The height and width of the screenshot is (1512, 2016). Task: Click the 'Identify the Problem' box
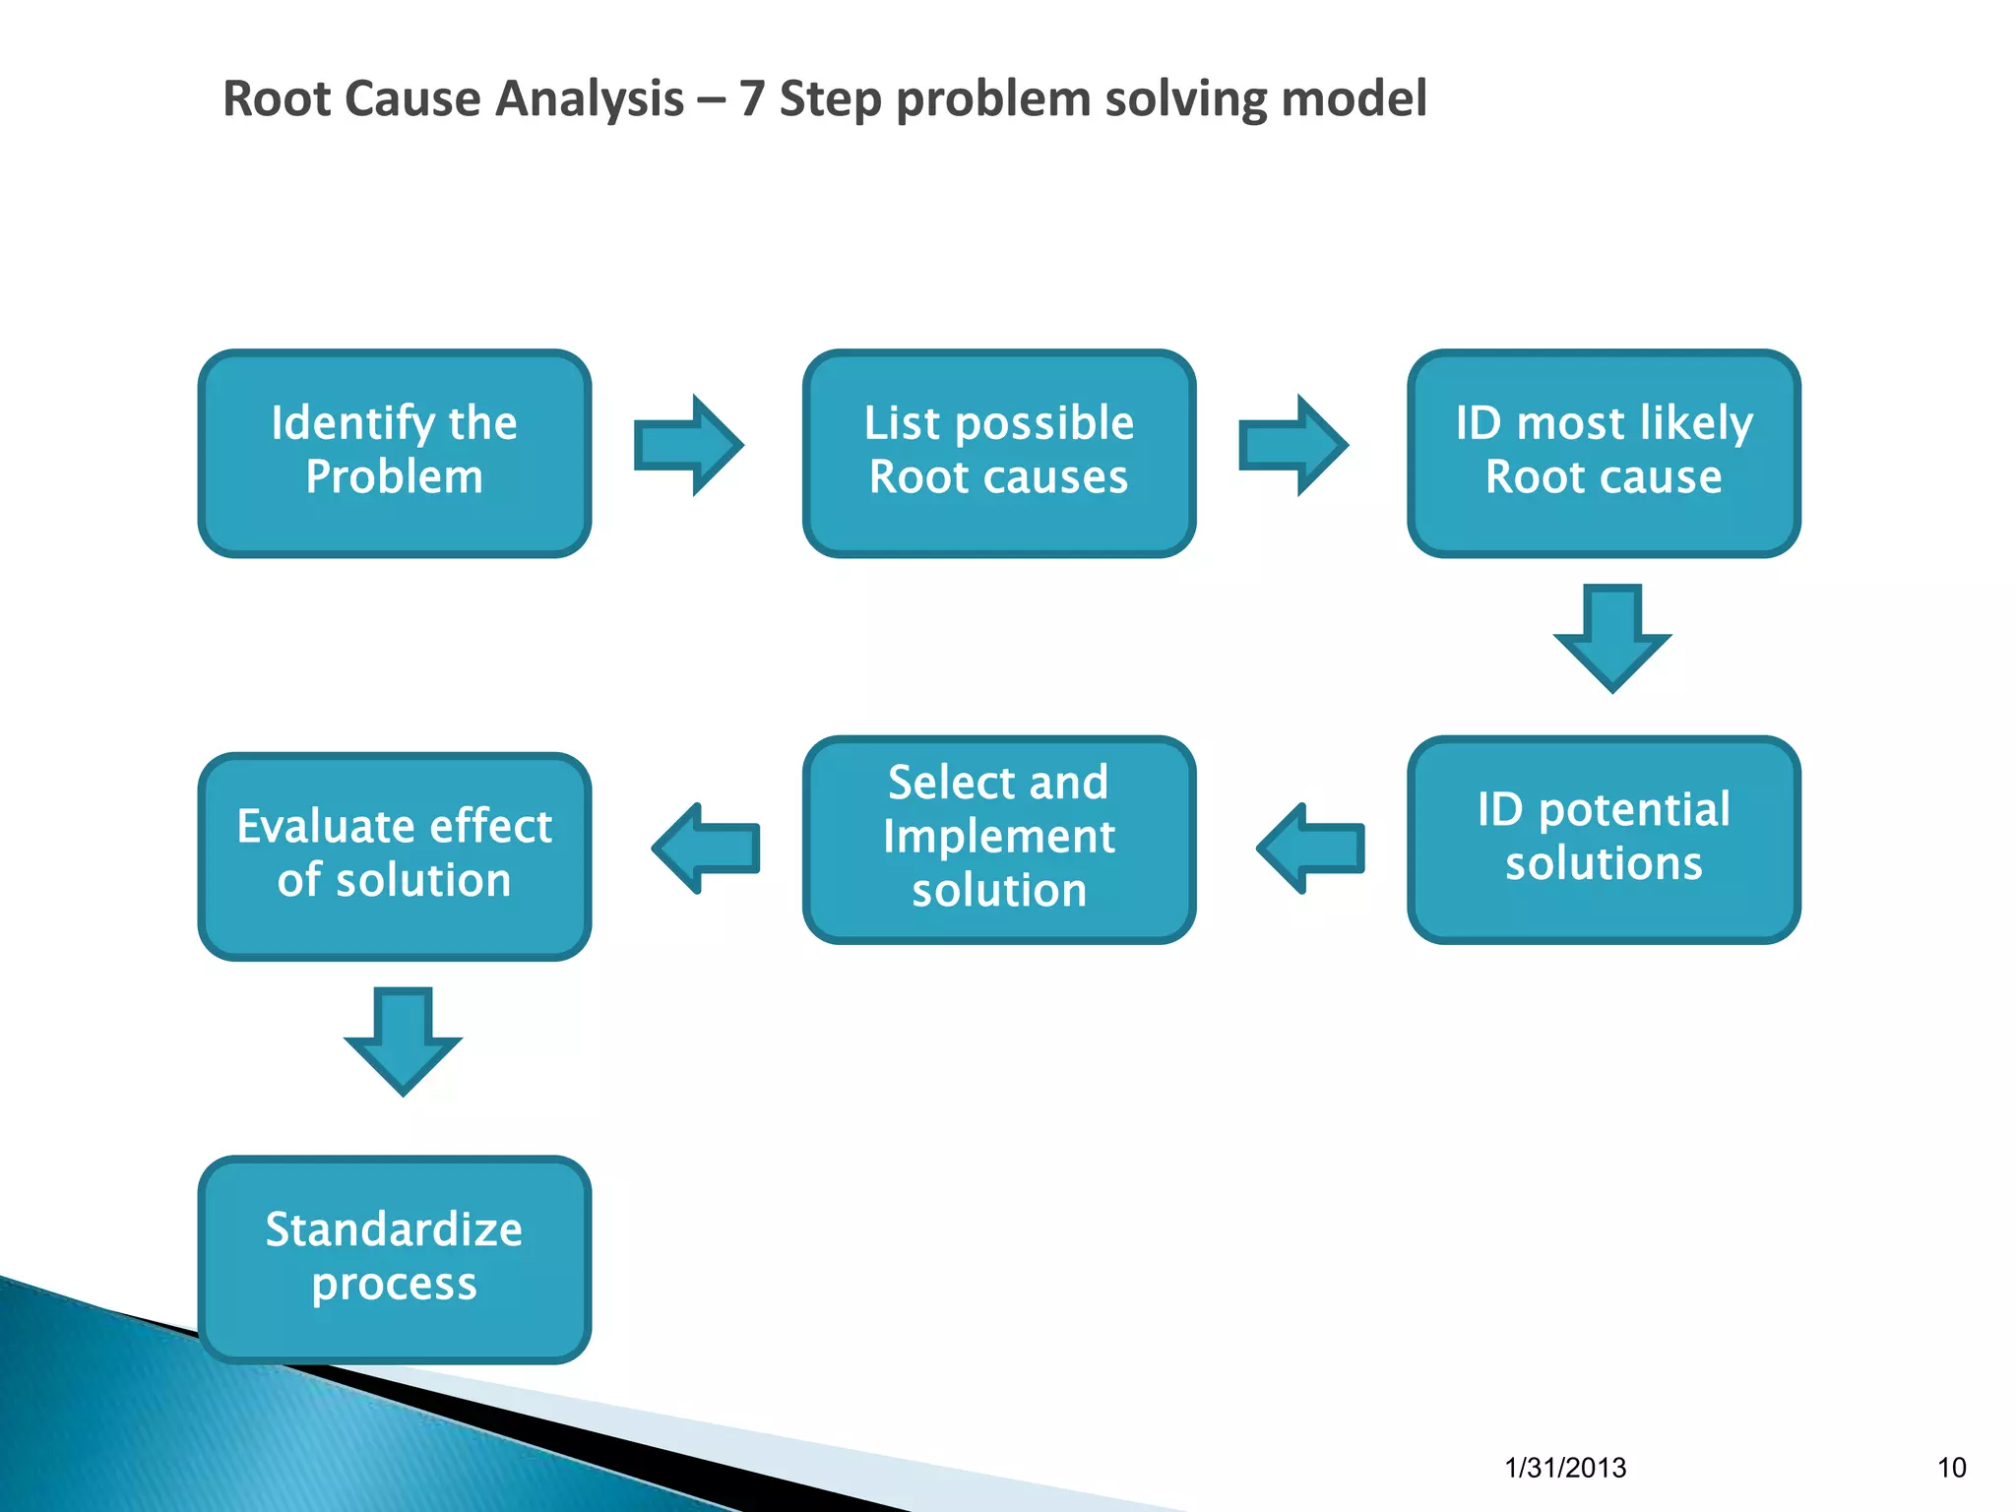[394, 453]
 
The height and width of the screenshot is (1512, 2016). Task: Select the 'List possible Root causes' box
[999, 453]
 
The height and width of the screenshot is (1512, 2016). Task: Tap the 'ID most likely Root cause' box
[1604, 453]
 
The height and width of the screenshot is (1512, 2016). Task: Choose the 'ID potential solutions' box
[1604, 839]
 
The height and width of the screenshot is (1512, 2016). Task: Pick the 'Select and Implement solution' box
[999, 839]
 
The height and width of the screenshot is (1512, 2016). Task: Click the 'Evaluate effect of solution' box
[394, 855]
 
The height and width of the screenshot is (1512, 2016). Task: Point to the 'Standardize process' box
[394, 1259]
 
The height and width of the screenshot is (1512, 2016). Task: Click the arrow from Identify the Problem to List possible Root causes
[688, 445]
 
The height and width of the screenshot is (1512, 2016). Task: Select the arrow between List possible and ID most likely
[1292, 445]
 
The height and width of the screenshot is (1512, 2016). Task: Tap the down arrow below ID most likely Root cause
[1611, 638]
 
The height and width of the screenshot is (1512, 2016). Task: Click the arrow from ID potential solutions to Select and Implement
[1311, 848]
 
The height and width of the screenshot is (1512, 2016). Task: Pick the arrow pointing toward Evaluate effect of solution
[707, 848]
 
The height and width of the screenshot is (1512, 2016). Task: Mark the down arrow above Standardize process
[403, 1040]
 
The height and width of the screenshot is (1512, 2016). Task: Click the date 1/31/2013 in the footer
[1565, 1468]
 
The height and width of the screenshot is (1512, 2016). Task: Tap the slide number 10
[1951, 1468]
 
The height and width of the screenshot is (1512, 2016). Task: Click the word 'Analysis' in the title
[589, 99]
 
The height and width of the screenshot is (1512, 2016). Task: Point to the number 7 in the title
[751, 99]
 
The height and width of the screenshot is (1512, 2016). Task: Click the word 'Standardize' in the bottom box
[394, 1229]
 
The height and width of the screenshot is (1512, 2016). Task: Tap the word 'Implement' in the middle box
[999, 838]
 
